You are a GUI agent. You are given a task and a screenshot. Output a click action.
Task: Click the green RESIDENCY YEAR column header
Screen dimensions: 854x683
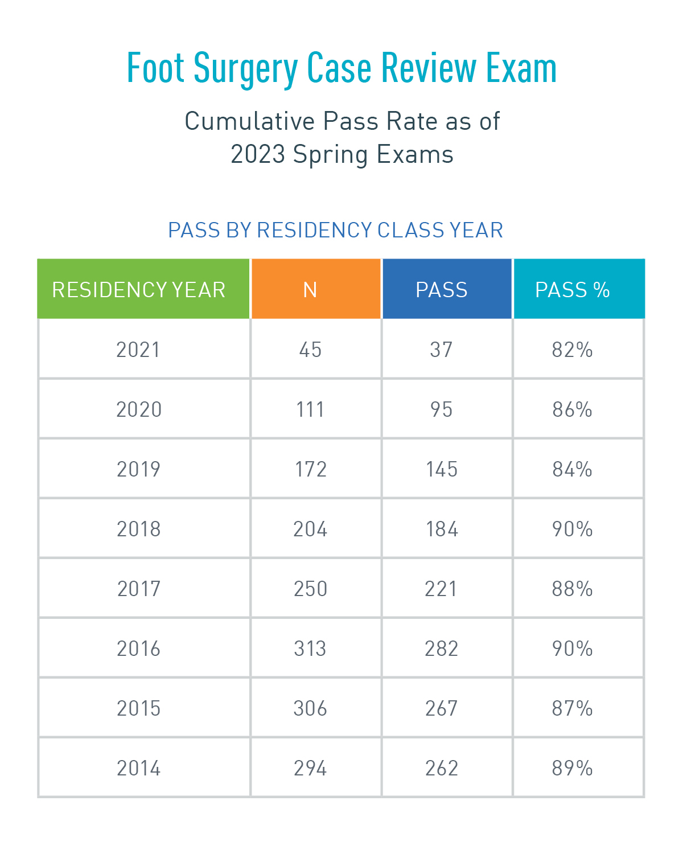(x=139, y=290)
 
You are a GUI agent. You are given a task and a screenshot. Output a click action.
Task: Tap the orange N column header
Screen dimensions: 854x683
(x=310, y=290)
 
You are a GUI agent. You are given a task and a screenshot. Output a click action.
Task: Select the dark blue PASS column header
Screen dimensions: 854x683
(x=442, y=290)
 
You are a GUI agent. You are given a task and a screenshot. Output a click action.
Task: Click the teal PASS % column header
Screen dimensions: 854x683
(x=573, y=290)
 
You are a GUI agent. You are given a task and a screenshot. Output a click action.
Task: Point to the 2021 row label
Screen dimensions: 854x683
(x=138, y=350)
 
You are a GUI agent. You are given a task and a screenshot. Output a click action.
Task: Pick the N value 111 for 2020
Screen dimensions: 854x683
(x=310, y=409)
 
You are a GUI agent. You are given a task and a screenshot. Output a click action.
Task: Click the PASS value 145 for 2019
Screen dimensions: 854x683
(x=442, y=469)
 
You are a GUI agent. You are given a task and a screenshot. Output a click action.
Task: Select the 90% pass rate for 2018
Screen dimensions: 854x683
(x=573, y=529)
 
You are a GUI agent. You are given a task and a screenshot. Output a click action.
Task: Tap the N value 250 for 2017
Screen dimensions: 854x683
(x=310, y=589)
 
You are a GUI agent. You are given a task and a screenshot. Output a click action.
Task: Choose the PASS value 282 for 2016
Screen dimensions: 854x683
(x=442, y=648)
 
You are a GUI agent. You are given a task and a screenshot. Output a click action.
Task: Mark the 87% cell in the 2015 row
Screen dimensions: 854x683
(x=573, y=708)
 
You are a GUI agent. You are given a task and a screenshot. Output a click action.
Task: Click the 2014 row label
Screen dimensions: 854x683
(x=139, y=768)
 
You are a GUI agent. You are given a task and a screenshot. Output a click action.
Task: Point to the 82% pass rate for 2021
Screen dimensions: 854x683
(x=573, y=350)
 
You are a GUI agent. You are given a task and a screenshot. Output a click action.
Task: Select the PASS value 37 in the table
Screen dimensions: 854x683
(x=442, y=350)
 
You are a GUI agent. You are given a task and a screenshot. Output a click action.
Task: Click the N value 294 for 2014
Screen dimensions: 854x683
(x=310, y=768)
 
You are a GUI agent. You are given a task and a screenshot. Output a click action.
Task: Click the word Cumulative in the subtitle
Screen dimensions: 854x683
(x=249, y=121)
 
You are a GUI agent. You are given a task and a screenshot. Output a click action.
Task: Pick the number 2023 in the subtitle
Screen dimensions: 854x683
(x=258, y=154)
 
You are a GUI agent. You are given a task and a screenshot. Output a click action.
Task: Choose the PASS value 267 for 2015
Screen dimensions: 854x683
(x=442, y=708)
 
